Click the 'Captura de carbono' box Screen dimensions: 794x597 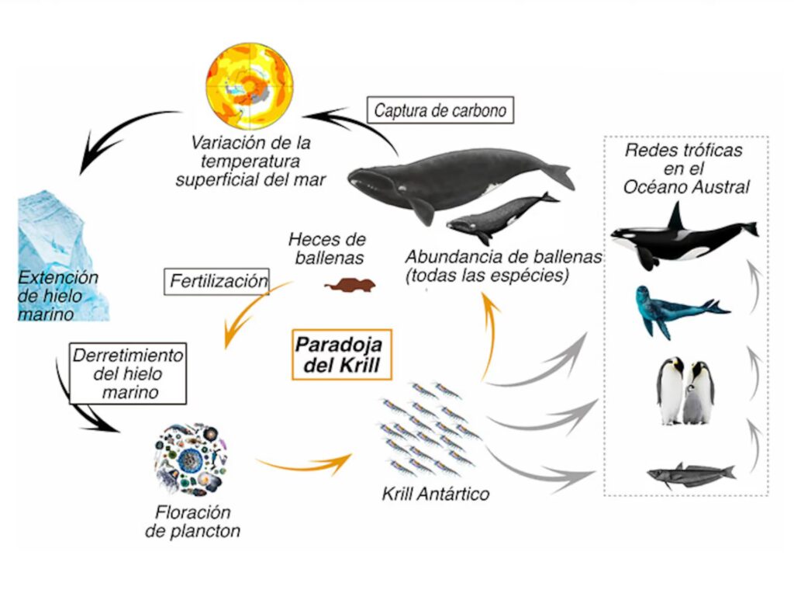click(x=440, y=110)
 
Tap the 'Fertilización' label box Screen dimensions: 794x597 click(x=217, y=281)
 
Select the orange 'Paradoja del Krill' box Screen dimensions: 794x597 click(x=342, y=354)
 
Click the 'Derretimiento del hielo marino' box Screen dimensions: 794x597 click(x=128, y=373)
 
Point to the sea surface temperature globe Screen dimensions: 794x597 click(x=250, y=86)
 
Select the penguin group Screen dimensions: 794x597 click(x=685, y=390)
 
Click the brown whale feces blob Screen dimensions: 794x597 click(x=350, y=286)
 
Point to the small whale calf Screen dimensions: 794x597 click(x=502, y=217)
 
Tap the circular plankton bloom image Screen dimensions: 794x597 click(x=192, y=460)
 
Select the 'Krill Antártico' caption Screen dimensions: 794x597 click(x=436, y=494)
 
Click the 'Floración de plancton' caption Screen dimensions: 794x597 click(x=193, y=522)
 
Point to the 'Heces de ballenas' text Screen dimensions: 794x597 click(x=328, y=248)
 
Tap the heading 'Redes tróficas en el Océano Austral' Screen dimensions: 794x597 click(x=686, y=168)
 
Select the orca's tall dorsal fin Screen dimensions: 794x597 click(x=676, y=217)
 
